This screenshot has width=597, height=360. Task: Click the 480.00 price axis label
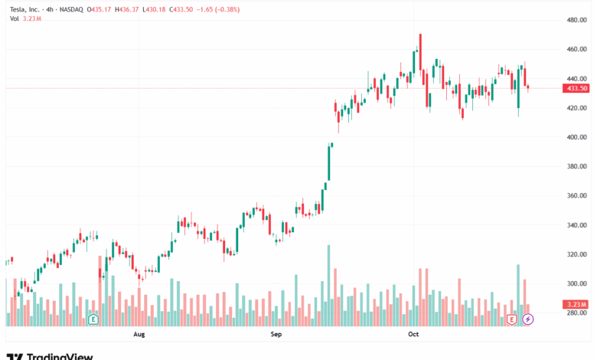point(576,20)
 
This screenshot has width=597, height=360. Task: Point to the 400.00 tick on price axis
point(576,137)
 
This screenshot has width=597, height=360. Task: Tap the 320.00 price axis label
point(576,254)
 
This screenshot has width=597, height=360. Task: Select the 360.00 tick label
point(576,196)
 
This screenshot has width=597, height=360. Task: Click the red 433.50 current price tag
point(576,88)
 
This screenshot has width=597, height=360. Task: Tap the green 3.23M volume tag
point(576,305)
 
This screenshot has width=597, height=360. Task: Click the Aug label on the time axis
point(139,335)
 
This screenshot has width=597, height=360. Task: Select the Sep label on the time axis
point(276,335)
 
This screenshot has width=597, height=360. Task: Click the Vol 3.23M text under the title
point(25,18)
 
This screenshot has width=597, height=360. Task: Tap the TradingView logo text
point(60,356)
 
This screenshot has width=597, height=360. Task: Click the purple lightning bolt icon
point(527,318)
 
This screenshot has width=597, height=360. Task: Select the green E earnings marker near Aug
point(93,318)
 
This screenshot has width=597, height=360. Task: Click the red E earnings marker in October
point(512,318)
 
